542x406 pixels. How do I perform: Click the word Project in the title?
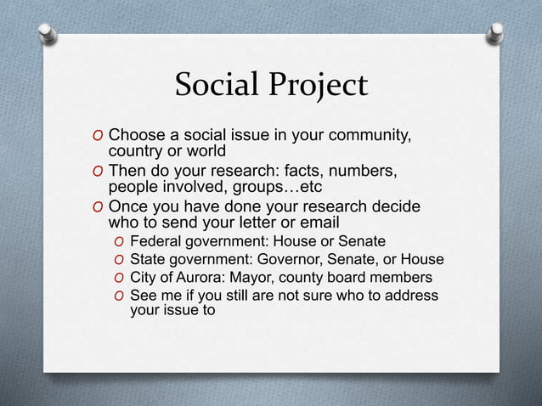coord(319,86)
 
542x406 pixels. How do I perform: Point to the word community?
coord(368,135)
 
